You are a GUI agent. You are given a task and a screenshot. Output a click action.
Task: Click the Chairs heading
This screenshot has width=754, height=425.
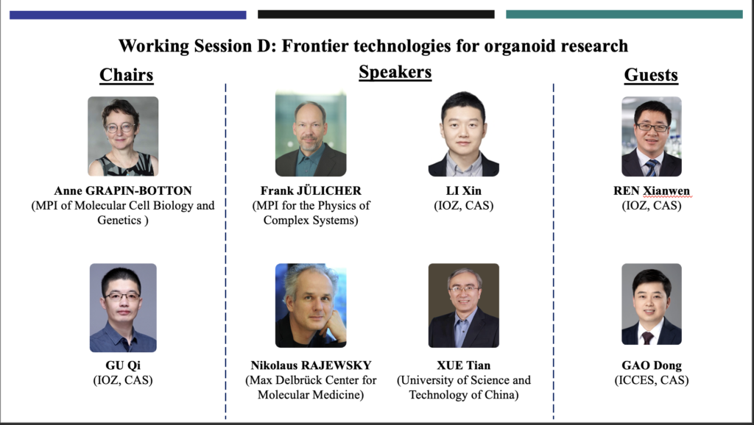127,75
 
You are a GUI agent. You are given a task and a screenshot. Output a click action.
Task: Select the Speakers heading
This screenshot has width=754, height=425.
395,72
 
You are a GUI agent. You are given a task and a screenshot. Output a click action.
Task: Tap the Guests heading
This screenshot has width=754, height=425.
651,75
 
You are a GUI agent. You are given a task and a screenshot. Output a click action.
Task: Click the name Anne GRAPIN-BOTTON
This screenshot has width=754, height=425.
123,190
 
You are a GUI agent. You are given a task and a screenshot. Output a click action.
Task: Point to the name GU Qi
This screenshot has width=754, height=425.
123,365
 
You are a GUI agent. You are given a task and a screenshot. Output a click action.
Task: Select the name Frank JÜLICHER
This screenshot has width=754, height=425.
311,190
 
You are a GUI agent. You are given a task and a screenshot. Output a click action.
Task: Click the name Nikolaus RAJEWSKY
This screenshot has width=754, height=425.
311,365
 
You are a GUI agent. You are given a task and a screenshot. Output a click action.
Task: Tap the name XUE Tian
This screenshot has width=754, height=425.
464,365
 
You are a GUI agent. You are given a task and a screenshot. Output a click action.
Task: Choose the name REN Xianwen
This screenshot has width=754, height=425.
652,190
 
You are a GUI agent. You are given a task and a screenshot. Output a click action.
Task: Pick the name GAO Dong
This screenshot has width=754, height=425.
652,365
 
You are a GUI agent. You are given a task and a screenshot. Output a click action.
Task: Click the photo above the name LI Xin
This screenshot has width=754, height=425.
464,134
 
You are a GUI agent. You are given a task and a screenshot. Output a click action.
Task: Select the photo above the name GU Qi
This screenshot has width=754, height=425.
123,308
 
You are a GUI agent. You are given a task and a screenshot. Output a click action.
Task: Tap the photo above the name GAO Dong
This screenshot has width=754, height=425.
652,304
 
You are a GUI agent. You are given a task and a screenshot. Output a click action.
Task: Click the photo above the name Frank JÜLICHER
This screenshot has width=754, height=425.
311,134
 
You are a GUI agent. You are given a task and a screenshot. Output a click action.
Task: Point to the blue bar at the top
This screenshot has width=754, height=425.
128,15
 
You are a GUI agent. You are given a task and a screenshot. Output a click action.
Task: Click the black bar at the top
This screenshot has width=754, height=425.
376,15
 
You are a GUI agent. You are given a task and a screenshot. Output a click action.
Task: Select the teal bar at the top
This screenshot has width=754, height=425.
624,15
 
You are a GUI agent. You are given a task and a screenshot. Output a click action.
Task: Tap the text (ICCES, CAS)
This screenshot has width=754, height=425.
652,380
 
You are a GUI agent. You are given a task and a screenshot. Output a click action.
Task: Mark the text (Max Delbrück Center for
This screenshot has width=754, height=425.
311,380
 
